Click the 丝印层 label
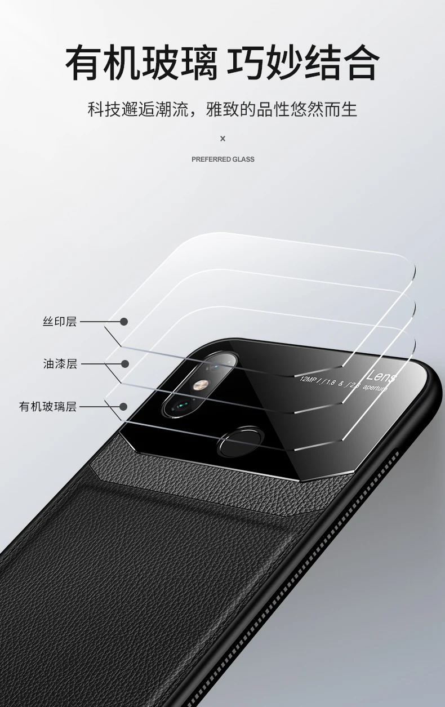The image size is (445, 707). coord(59,322)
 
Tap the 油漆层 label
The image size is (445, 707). coord(60,364)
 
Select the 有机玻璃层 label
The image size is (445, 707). coord(48,406)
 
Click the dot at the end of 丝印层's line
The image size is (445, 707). coord(124,322)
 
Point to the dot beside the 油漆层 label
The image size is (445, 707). coord(124,364)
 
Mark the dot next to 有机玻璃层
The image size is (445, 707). coord(123,406)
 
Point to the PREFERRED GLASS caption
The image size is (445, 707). coord(222,159)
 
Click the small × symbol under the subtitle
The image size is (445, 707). coord(222,139)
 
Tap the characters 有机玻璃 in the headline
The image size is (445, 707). coord(141,64)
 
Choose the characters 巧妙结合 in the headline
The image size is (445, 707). coord(302,64)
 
